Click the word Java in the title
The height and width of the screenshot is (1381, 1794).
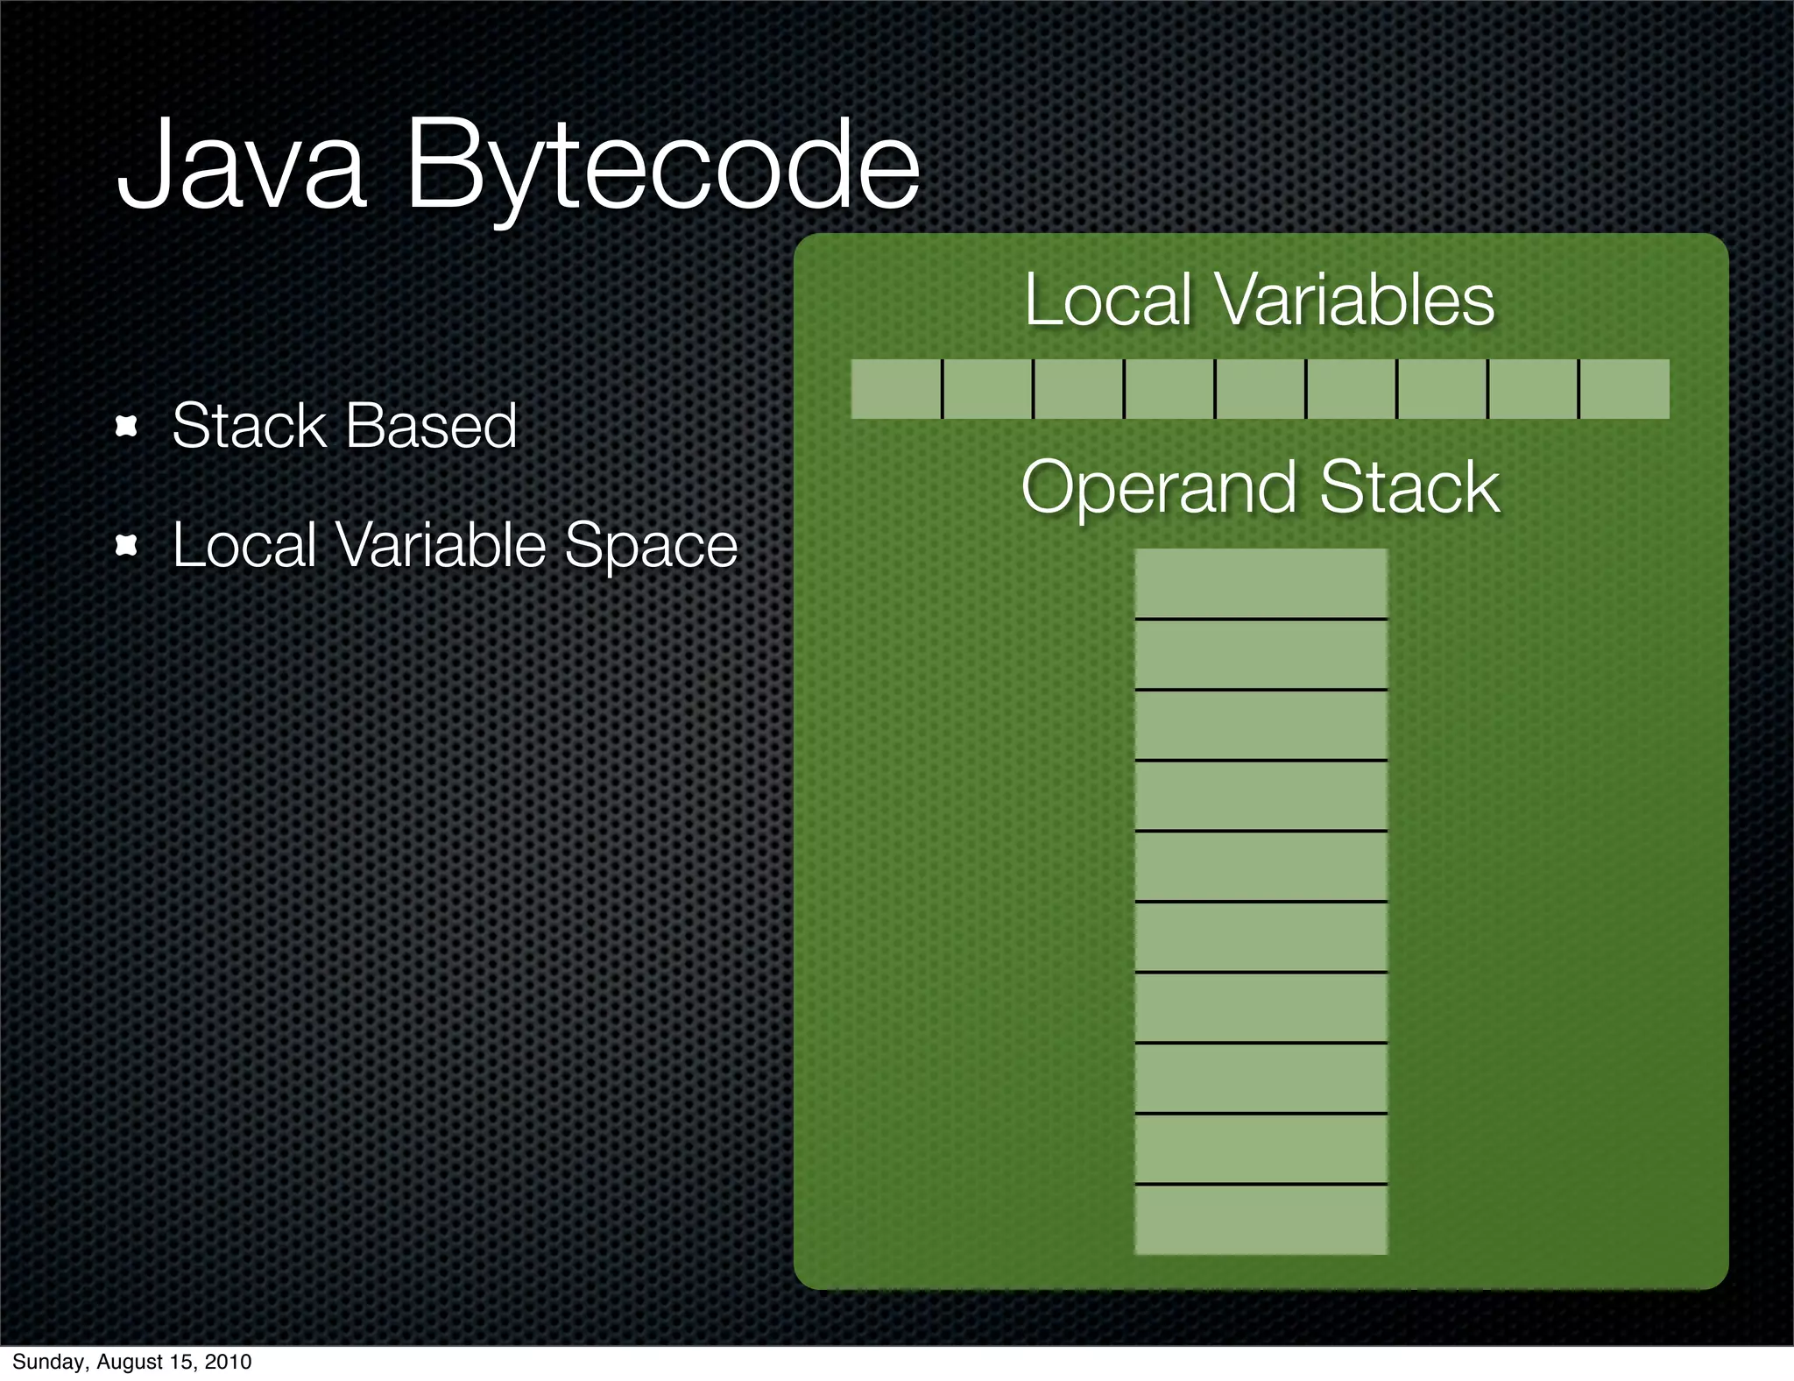pos(241,166)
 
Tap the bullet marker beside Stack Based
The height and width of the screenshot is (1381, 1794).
pos(128,427)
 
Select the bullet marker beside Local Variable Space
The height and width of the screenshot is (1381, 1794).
pos(128,547)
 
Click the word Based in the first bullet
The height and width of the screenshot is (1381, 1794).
pos(430,427)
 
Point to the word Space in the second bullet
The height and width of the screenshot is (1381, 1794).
pos(651,546)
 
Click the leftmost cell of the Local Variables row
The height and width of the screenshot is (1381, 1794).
pos(895,388)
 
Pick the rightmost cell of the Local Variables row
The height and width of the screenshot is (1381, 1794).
pos(1624,388)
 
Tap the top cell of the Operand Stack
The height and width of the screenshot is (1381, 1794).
pos(1261,584)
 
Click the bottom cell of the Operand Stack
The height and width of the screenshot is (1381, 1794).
pos(1261,1220)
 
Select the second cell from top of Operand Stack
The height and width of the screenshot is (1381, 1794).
pos(1261,655)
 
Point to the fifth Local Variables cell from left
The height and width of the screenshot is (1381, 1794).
pos(1260,388)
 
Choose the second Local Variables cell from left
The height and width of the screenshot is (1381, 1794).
pos(987,388)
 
